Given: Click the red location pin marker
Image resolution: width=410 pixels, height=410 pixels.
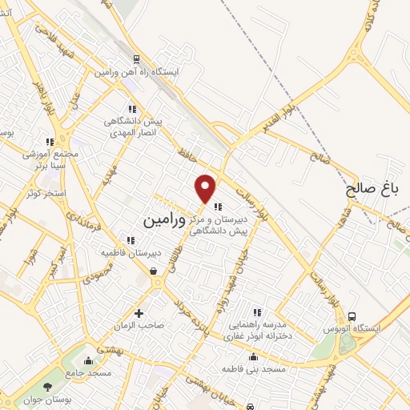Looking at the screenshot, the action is tap(207, 188).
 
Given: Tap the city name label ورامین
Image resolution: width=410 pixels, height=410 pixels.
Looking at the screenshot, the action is tap(164, 219).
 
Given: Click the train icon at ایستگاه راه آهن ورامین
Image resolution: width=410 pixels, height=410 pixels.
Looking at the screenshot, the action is tap(137, 59).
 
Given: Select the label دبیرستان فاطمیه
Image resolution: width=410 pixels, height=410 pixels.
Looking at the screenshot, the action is tap(131, 252).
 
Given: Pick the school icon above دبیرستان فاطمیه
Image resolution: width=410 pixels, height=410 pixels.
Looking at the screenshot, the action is tap(131, 239).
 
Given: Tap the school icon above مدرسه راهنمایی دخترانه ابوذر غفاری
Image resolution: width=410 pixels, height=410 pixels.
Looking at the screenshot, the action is tap(256, 312).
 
